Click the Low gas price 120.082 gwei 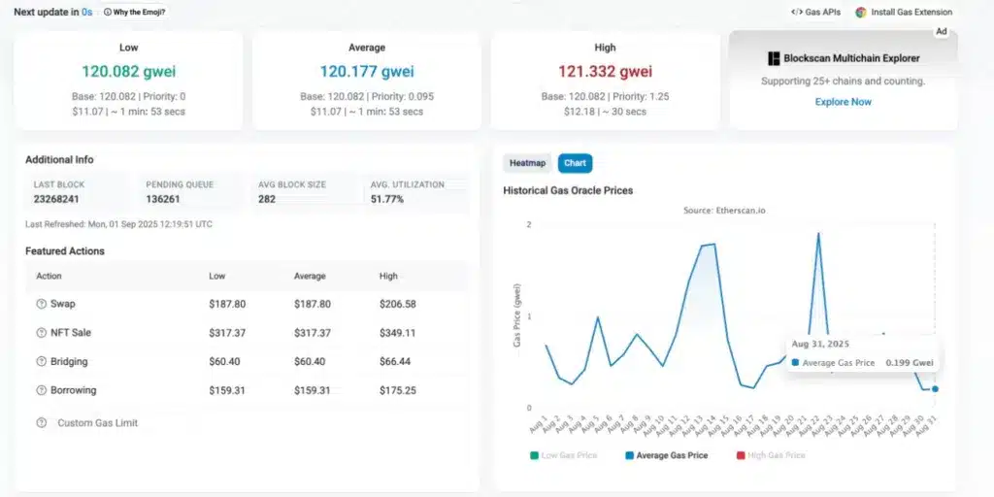128,72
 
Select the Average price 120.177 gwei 366,72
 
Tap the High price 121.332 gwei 604,72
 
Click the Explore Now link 843,102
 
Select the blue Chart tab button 576,163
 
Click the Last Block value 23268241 56,199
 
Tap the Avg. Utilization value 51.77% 386,199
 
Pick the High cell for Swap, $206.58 397,304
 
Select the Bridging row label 70,361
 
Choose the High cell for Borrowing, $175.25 397,390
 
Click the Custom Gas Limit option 97,423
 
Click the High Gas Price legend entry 775,455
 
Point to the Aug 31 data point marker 935,388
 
